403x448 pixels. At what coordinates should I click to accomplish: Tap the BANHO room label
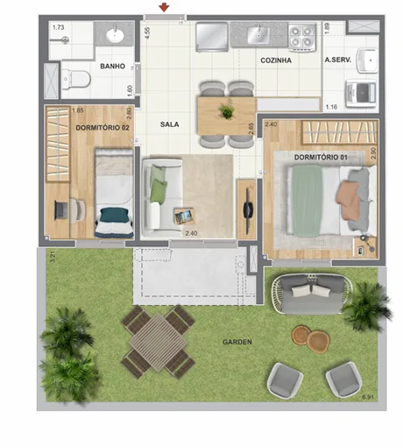tap(112, 66)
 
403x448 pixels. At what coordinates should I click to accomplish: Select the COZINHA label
tap(274, 60)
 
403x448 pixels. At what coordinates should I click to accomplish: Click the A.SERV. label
tap(338, 60)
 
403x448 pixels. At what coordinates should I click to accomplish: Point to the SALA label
tap(170, 124)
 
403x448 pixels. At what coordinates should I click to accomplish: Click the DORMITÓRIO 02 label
tap(103, 127)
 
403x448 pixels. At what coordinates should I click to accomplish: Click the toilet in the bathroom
tap(77, 80)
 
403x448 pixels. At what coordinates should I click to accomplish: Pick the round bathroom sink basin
tap(115, 36)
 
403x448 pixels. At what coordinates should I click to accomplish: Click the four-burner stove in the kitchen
tap(302, 36)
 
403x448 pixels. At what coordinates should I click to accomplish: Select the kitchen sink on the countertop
tap(258, 35)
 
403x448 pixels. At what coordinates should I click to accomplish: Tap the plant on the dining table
tap(227, 112)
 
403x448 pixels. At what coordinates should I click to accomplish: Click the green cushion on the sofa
tap(158, 186)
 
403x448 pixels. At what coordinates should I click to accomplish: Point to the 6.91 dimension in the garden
tap(370, 399)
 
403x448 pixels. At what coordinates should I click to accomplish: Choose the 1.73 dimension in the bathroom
tap(58, 28)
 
